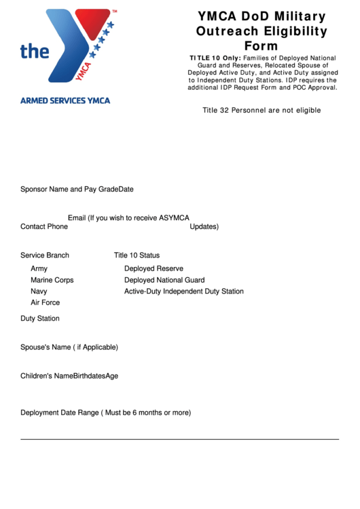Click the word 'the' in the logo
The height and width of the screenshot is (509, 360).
[x=35, y=52]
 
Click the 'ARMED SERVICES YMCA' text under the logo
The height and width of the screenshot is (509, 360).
[x=65, y=101]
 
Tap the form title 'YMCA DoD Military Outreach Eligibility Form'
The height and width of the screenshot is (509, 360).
[x=262, y=31]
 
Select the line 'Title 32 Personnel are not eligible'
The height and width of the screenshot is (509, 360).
[x=262, y=110]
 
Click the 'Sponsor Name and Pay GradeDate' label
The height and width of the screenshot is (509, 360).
[x=77, y=189]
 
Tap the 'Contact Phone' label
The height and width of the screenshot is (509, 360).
[x=44, y=226]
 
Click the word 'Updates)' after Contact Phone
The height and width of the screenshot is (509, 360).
[x=204, y=226]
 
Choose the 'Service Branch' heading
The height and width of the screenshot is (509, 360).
[x=45, y=256]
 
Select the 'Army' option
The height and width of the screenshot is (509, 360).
[x=39, y=268]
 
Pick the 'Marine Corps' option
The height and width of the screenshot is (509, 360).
[x=52, y=280]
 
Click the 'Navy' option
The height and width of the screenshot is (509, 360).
[x=39, y=292]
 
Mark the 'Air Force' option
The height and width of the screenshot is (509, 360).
[x=46, y=302]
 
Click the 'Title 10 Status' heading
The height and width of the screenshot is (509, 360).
[x=137, y=256]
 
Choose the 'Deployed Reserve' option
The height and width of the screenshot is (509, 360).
[x=154, y=268]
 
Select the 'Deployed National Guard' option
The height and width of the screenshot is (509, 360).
[x=164, y=280]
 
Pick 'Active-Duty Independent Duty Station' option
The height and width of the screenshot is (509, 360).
[x=183, y=292]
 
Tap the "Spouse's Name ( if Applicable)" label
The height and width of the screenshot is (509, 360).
[x=69, y=347]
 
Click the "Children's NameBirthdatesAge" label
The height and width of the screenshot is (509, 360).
[x=69, y=376]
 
